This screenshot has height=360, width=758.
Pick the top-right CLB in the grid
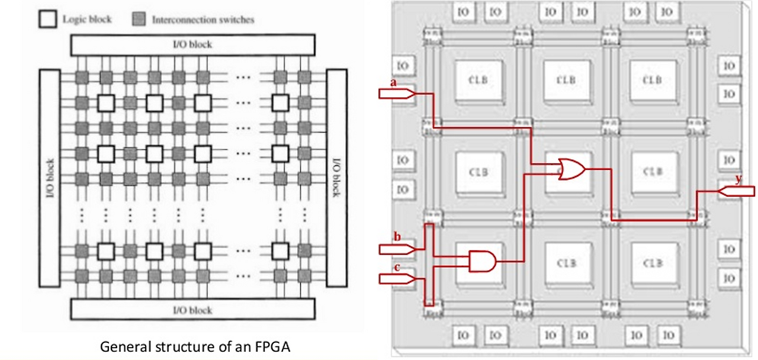652,79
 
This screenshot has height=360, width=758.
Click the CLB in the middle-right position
652,171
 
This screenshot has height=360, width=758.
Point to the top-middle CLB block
567,79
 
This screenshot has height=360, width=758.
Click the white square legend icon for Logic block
47,20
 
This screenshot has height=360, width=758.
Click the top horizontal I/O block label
192,44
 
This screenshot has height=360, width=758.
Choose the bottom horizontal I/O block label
192,310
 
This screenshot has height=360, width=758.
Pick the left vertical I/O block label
49,177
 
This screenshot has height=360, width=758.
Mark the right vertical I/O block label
336,177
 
